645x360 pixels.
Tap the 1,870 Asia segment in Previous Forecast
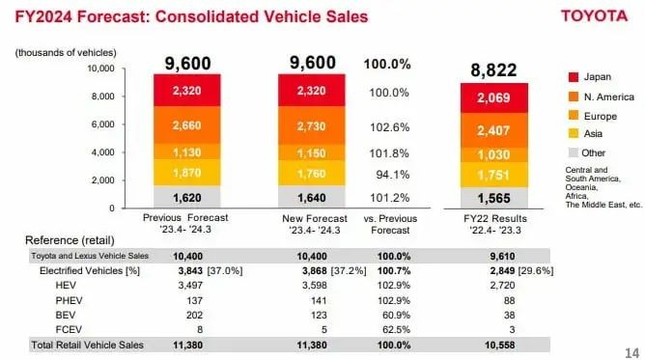186,173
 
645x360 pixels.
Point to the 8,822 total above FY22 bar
493,69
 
